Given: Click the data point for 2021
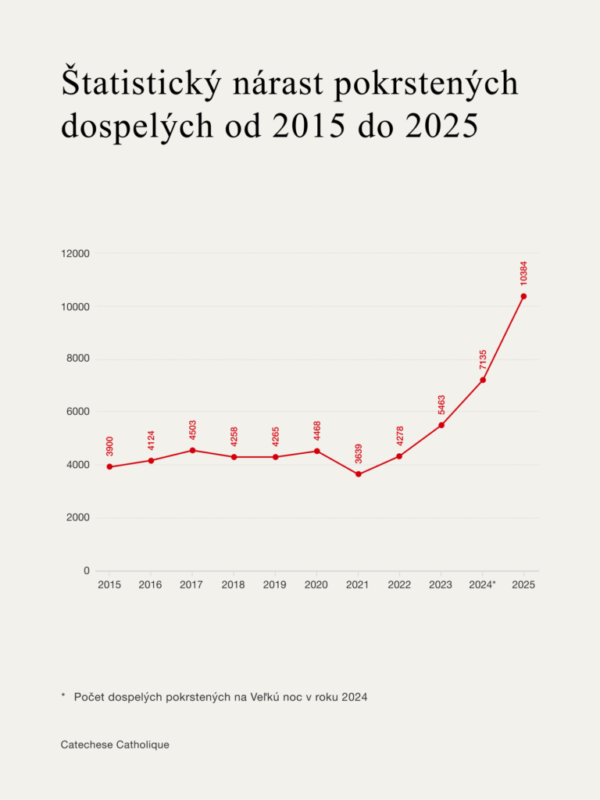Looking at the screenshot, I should pyautogui.click(x=359, y=474).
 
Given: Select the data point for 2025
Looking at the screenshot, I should pyautogui.click(x=523, y=296).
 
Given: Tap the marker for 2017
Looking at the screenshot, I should pyautogui.click(x=192, y=450).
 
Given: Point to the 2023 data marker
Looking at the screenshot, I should pyautogui.click(x=441, y=425).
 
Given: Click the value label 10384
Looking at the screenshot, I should pyautogui.click(x=523, y=273).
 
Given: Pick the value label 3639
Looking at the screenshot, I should pyautogui.click(x=359, y=453).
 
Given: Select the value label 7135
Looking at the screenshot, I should pyautogui.click(x=483, y=360).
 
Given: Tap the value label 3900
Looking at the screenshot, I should pyautogui.click(x=109, y=446).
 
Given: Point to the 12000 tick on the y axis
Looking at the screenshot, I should pyautogui.click(x=76, y=254).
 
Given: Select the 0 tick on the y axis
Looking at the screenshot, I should pyautogui.click(x=86, y=571).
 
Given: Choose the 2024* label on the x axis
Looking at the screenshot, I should pyautogui.click(x=483, y=585).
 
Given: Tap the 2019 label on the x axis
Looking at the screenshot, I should pyautogui.click(x=274, y=585).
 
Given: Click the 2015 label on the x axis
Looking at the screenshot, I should pyautogui.click(x=109, y=585).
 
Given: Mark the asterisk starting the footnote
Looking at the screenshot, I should pyautogui.click(x=63, y=695).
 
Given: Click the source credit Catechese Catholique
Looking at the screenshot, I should pyautogui.click(x=115, y=745).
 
